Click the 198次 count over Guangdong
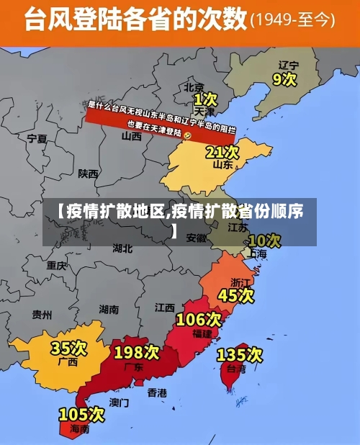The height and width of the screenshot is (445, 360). point(137,352)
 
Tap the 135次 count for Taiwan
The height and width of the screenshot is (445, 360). point(240,354)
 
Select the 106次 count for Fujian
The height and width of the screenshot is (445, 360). point(199,319)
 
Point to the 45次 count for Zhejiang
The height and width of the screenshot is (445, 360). point(236,295)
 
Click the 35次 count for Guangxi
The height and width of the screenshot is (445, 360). point(68,349)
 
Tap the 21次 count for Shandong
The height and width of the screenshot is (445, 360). point(222,152)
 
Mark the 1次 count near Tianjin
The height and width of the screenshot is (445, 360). point(205,98)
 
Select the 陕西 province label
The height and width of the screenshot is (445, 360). point(89,174)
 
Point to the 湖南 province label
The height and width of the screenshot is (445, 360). point(109,309)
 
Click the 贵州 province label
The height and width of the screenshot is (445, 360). point(42,315)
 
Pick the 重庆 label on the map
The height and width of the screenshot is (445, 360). point(56,265)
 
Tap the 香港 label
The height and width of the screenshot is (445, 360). point(157,392)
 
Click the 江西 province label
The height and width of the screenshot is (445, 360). point(164,307)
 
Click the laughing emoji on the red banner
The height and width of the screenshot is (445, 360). point(188,135)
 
